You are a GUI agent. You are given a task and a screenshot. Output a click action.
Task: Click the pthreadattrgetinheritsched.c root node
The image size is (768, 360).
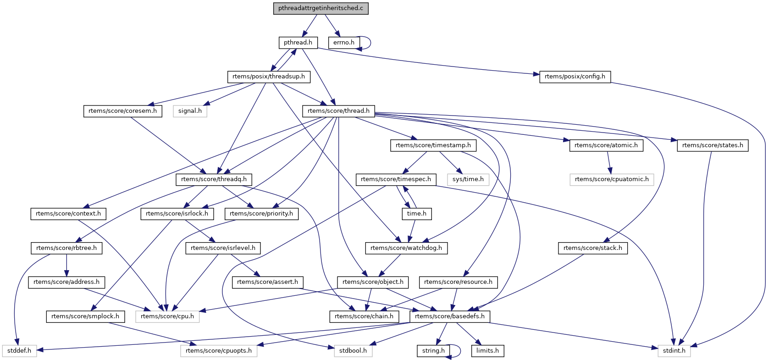pos(321,8)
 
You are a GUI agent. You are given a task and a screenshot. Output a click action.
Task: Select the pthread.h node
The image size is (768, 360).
pos(298,43)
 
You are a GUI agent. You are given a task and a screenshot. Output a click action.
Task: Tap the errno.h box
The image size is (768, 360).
pos(343,43)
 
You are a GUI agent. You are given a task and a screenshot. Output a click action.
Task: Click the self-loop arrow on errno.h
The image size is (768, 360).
pos(370,43)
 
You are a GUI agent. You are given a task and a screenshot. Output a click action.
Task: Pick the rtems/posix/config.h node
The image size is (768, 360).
pos(575,77)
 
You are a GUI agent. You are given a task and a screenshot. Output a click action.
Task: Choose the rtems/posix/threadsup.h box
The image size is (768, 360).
pos(268,77)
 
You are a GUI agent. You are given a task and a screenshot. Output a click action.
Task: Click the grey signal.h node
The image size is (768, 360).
pos(190,111)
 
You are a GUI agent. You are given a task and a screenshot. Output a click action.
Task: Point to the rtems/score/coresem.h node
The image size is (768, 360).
pos(122,111)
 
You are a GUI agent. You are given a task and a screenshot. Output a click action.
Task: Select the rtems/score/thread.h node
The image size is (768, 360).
pos(338,111)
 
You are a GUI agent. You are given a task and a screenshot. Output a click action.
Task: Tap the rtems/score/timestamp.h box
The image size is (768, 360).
pos(433,145)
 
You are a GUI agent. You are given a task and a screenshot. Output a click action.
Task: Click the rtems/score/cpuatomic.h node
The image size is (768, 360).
pos(612,179)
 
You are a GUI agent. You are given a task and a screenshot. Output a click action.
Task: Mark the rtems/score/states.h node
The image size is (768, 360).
pos(713,145)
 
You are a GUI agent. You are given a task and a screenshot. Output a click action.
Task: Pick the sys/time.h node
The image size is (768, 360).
pos(468,179)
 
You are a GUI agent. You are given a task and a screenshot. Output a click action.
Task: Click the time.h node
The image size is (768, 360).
pos(416,214)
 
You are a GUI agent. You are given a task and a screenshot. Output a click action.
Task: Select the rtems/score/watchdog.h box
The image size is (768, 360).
pos(406,248)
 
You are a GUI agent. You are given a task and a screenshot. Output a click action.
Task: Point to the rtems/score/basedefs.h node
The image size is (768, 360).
pos(449,316)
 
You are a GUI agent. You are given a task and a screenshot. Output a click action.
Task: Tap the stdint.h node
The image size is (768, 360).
pos(674,351)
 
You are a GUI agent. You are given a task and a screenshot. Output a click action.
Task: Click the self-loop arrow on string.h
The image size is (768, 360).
pos(459,351)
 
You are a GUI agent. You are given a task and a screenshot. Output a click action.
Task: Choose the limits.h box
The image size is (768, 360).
pos(487,351)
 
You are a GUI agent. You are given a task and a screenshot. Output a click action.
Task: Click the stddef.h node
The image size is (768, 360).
pos(19,351)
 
